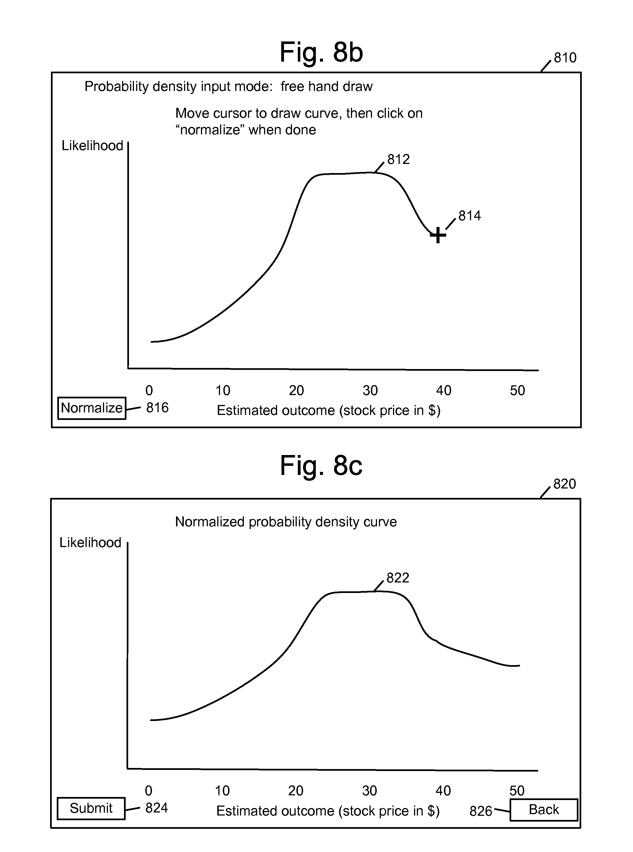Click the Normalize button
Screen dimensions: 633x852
[92, 408]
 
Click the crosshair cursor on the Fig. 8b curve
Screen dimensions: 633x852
[438, 235]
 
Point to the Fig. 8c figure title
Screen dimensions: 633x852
[321, 466]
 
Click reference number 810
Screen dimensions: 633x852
[565, 58]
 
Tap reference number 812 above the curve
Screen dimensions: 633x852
[399, 159]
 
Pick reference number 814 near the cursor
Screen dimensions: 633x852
[470, 216]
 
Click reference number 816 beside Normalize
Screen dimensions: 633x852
[157, 408]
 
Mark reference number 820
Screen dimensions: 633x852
[564, 484]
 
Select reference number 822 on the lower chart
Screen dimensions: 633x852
[398, 577]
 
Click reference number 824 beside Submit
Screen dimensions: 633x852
[156, 808]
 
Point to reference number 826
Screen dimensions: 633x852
[480, 811]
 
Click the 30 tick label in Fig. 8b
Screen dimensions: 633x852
[370, 390]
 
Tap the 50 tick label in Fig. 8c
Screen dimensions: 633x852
[516, 790]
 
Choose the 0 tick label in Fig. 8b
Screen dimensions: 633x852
[149, 390]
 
